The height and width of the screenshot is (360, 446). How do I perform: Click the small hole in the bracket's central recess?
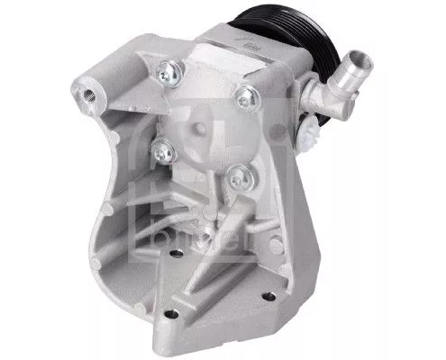[206, 238]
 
